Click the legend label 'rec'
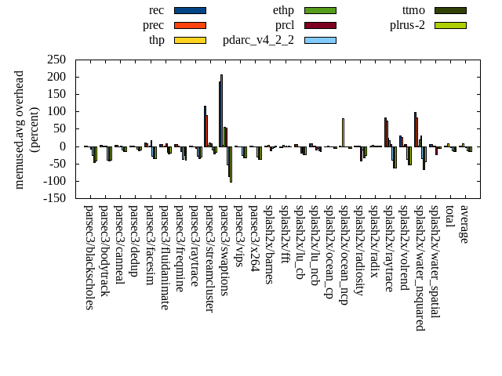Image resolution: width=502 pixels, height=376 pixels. coord(156,10)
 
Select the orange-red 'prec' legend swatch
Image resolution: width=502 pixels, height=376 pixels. coord(189,25)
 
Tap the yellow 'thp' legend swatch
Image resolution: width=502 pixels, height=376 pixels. coord(189,40)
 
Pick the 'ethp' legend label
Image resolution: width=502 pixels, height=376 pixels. coord(283,10)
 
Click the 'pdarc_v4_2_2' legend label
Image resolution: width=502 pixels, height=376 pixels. coord(258,40)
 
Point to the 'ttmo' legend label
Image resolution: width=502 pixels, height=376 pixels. coord(413,10)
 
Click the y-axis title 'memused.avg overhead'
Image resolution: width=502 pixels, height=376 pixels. coord(20,129)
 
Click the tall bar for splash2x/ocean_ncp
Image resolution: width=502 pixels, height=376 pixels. coord(343,132)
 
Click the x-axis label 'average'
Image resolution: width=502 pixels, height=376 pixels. coord(464,224)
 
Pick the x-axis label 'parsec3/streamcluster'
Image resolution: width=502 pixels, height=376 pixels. coord(209,258)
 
